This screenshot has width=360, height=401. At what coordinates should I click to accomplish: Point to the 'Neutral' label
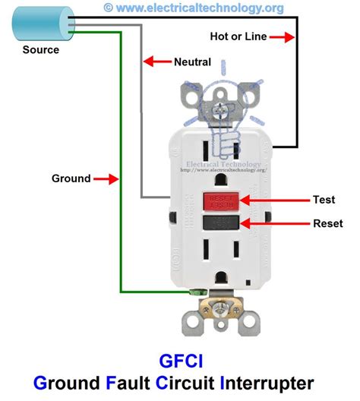pos(192,61)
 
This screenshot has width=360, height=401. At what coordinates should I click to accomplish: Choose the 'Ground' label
pos(71,179)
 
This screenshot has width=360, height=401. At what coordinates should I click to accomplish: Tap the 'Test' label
pos(324,200)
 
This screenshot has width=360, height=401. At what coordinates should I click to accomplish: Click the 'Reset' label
pos(328,224)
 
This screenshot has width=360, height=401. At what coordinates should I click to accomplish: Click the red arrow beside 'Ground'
pos(107,179)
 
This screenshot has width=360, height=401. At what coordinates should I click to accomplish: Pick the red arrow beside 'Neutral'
pos(156,61)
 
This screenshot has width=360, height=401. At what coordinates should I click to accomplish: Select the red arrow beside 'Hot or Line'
pos(279,36)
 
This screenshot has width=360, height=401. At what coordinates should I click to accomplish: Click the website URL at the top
pos(200,8)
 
